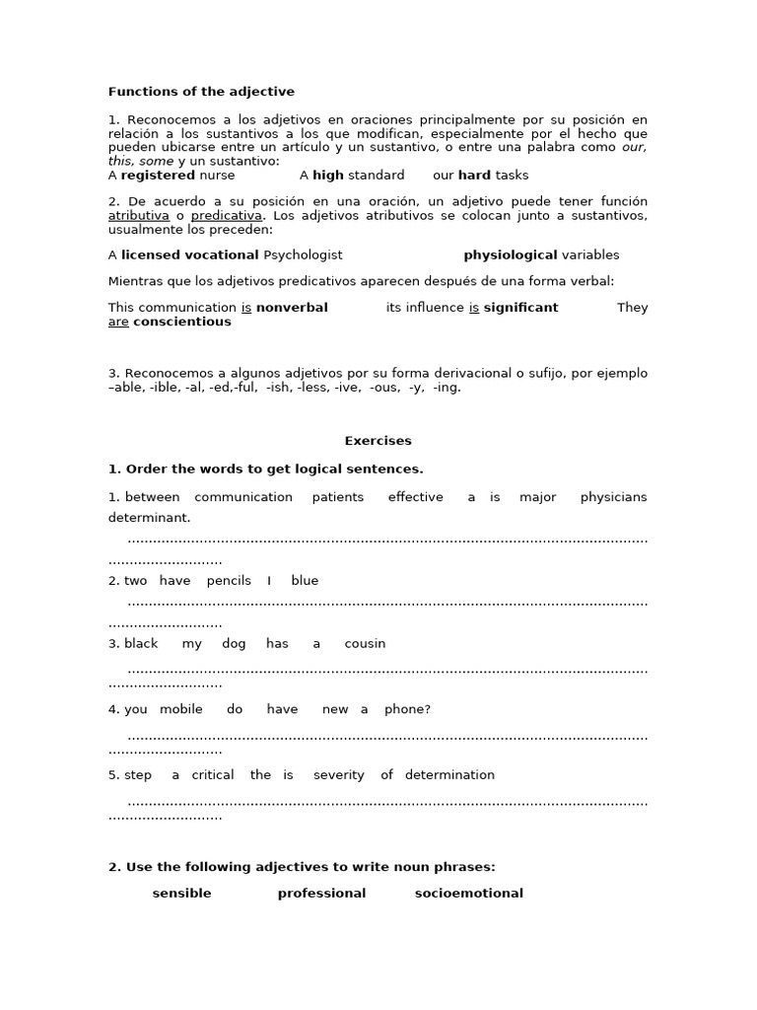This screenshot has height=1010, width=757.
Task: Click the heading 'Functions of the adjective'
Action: (x=201, y=92)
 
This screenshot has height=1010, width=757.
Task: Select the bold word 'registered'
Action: (x=158, y=176)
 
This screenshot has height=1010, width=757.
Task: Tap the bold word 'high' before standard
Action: (x=327, y=176)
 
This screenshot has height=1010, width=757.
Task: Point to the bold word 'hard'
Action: (x=474, y=176)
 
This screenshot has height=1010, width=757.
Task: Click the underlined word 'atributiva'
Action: (x=138, y=215)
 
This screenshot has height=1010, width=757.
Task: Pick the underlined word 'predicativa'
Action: (x=226, y=215)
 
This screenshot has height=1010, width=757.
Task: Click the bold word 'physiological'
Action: (x=510, y=254)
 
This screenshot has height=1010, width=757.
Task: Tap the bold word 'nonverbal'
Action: (x=292, y=308)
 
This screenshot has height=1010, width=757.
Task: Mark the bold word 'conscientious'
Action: (x=182, y=322)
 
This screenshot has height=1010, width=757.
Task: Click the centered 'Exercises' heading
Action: (x=378, y=441)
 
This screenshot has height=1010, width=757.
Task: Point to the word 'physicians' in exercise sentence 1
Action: (x=613, y=497)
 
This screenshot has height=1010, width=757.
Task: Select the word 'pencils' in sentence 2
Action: (x=229, y=581)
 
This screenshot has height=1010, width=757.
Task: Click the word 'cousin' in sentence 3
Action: (x=365, y=644)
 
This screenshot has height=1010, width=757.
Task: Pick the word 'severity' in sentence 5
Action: (x=338, y=775)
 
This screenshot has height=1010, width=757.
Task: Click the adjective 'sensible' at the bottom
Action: (x=181, y=894)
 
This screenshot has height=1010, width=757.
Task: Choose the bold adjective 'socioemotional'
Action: (x=468, y=894)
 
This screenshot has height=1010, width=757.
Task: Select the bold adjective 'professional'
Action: (x=321, y=894)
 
